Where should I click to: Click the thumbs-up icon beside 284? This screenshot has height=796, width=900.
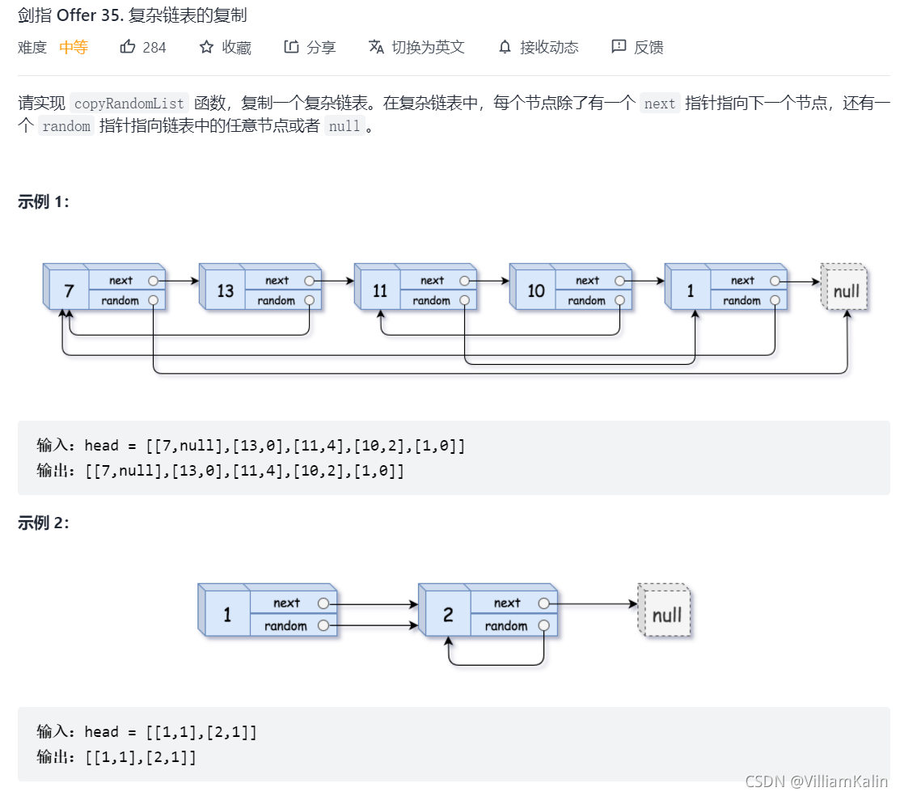coord(128,47)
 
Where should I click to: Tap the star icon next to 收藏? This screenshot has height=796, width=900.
coord(207,47)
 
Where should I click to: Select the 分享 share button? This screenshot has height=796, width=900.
coord(310,47)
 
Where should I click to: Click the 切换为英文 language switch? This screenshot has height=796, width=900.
coord(416,47)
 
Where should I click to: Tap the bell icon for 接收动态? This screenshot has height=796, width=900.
coord(505,47)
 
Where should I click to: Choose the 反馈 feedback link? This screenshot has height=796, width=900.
coord(638,47)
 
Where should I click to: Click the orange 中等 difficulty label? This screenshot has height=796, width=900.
coord(74,47)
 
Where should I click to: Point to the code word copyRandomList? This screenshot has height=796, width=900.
coord(129,104)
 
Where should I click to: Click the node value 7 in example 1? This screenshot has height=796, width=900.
coord(69,290)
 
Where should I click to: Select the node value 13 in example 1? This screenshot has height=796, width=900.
coord(225,290)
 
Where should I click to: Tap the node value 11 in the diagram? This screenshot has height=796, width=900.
coord(380,290)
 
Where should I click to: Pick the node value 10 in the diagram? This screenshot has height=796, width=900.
coord(535,290)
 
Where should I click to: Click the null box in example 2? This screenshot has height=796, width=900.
coord(666,615)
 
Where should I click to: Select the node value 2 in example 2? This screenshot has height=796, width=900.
coord(448,615)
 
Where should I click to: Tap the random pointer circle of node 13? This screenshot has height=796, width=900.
coord(309,300)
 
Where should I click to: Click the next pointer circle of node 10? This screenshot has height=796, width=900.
coord(619,281)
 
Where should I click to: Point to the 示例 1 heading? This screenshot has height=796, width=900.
coord(44,202)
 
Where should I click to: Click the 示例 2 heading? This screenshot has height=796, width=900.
coord(44,523)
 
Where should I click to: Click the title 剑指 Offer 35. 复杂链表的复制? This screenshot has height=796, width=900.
coord(133,15)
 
